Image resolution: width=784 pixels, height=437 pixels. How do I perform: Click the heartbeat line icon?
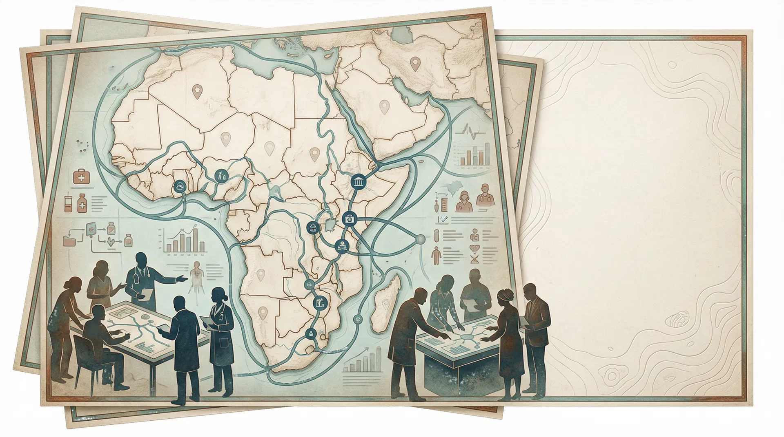click(x=470, y=131)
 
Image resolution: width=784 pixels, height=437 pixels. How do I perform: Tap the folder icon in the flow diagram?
click(x=69, y=241)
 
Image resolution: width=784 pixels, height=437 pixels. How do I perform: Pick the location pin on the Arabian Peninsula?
click(x=383, y=107)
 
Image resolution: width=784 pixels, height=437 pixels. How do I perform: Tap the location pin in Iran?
click(x=415, y=63)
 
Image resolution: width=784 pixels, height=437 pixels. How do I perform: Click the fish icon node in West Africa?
click(x=178, y=187)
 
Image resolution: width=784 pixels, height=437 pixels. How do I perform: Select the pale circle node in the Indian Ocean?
click(x=420, y=239)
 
